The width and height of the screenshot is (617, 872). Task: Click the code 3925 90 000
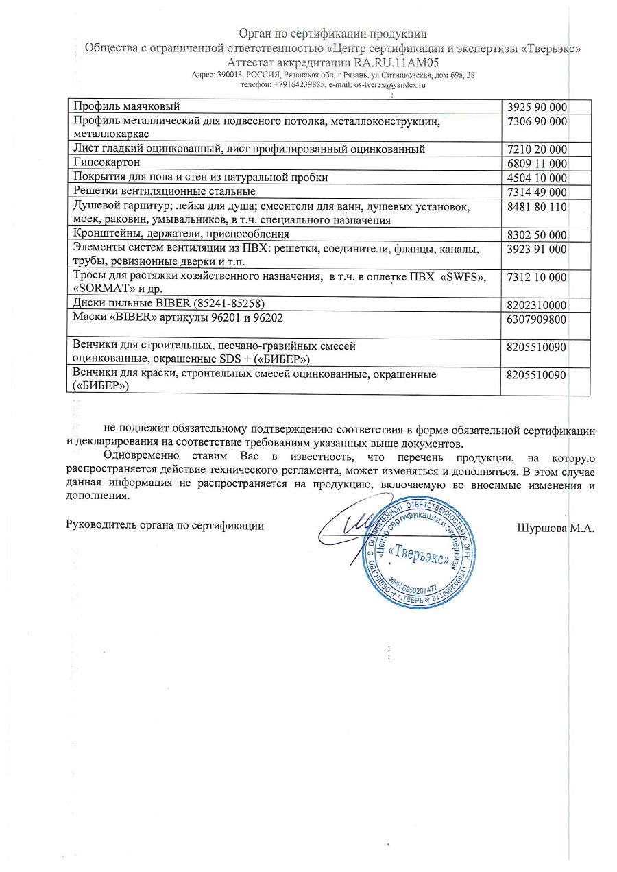pos(537,106)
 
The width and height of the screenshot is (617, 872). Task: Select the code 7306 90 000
pos(537,121)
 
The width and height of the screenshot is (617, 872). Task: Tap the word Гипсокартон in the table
pos(107,162)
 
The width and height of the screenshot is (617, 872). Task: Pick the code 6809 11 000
pos(537,163)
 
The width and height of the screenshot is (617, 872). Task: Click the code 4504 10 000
pos(537,178)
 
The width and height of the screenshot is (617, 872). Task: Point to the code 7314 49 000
pos(537,191)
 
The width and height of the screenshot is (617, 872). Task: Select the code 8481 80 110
pos(537,206)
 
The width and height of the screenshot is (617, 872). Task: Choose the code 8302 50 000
pos(537,234)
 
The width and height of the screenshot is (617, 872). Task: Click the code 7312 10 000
pos(537,277)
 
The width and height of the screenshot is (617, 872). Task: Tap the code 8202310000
pos(536,304)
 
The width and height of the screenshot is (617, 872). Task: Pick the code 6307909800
pos(536,319)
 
